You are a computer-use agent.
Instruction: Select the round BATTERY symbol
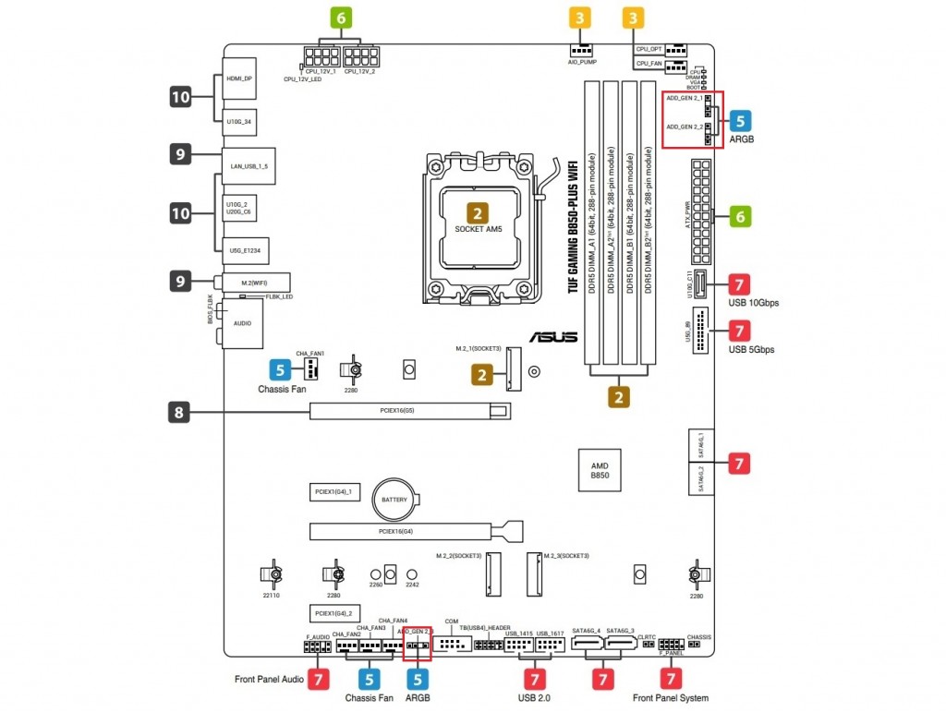pos(394,500)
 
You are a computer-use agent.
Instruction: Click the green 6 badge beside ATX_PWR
pos(739,216)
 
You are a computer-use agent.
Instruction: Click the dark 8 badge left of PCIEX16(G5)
pos(181,412)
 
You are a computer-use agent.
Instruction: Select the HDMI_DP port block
pos(240,79)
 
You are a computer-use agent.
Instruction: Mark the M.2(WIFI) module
pos(255,281)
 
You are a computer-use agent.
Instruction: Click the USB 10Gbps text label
pos(754,303)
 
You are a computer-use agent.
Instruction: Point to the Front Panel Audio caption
pos(270,680)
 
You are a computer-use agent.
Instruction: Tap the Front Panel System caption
pos(671,698)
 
